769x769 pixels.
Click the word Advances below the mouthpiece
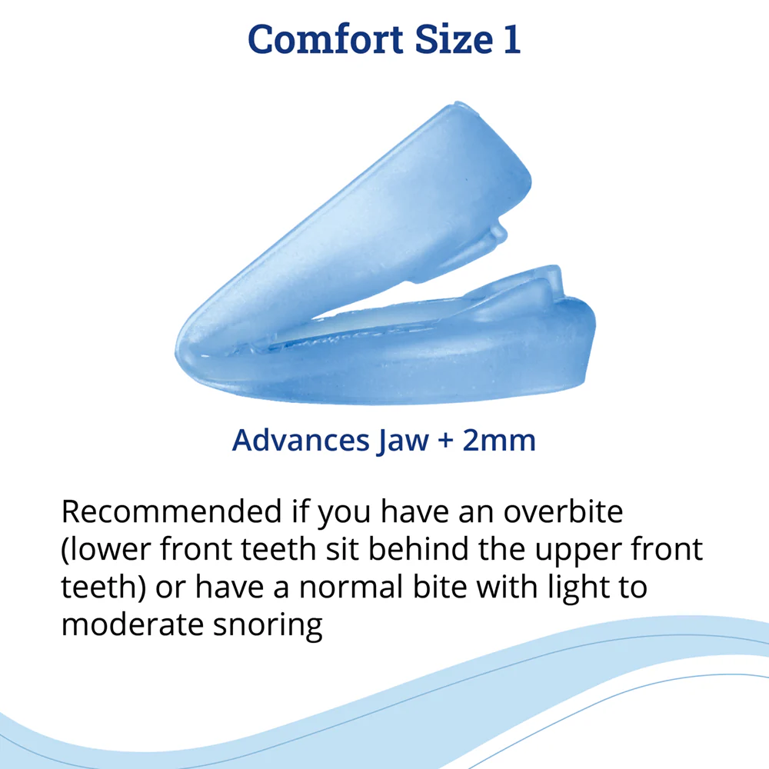(300, 440)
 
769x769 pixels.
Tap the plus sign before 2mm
(445, 441)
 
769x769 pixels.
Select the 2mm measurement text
(499, 441)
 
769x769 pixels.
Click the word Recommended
(171, 511)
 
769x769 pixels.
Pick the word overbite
(563, 511)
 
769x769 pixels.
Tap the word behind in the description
(418, 549)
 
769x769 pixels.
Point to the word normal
(351, 587)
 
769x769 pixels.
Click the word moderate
(132, 624)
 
